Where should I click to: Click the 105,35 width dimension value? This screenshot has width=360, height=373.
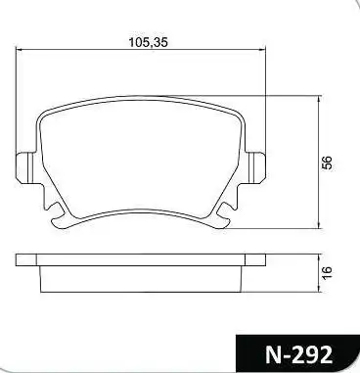coord(146,42)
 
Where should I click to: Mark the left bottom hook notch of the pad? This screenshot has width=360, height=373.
coord(59,209)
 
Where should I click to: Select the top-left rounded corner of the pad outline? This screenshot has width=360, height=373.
coord(44,109)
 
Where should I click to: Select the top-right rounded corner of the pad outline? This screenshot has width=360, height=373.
coord(239,109)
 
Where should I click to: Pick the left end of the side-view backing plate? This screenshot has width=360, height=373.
coord(19,259)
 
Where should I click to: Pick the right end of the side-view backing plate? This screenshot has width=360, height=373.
coord(264,259)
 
